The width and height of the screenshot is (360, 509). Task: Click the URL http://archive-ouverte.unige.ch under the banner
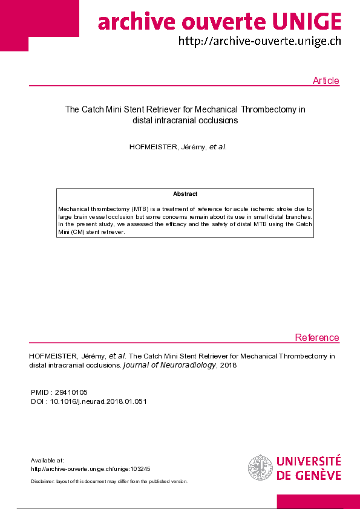point(259,42)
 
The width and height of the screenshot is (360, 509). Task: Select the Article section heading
point(326,81)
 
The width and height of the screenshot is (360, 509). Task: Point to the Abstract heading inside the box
point(185,194)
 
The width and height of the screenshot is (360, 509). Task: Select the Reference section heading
point(317,337)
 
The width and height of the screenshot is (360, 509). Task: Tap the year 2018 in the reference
point(228,365)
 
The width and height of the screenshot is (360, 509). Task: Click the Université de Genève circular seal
point(260,468)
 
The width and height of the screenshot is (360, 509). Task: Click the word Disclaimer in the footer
point(43,481)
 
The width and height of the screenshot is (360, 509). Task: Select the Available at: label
point(47,460)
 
